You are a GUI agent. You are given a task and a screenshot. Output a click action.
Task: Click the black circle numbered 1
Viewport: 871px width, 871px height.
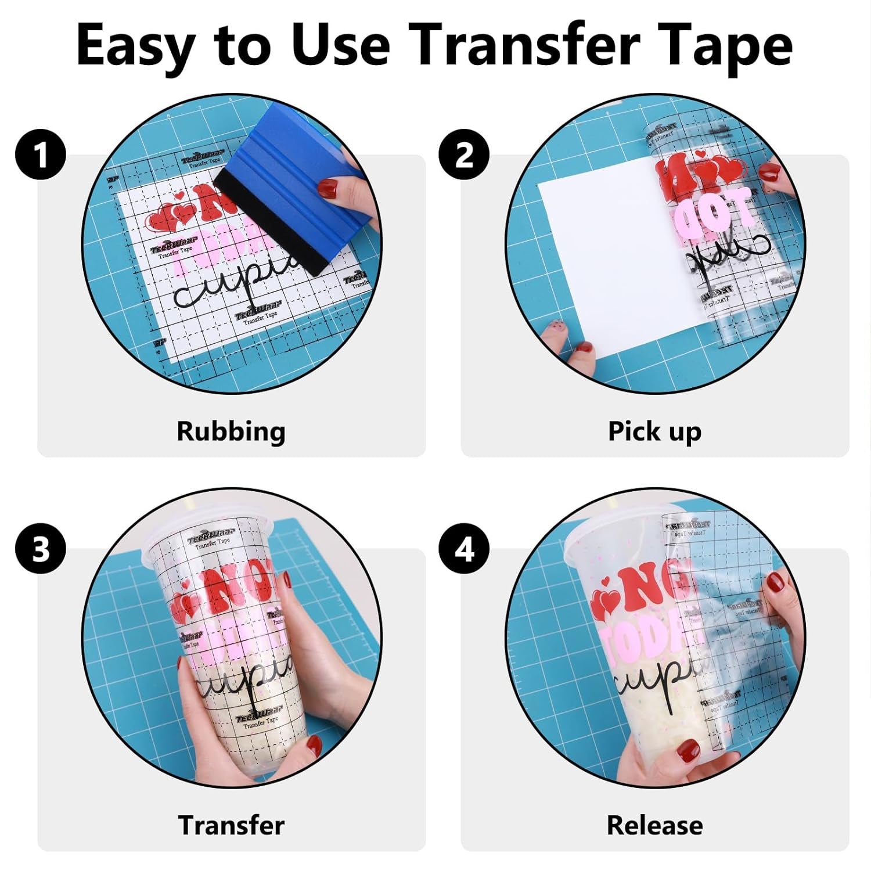pyautogui.click(x=41, y=155)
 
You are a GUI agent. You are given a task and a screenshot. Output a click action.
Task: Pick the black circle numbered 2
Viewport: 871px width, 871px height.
pyautogui.click(x=464, y=155)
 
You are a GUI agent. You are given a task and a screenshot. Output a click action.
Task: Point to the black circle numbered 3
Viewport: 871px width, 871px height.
pyautogui.click(x=41, y=549)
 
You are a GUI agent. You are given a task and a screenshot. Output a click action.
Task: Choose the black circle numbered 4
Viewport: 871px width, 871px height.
pyautogui.click(x=464, y=549)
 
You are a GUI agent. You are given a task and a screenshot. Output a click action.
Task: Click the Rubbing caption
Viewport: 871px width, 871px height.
pyautogui.click(x=231, y=431)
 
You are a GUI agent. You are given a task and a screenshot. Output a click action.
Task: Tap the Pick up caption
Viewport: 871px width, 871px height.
pyautogui.click(x=654, y=431)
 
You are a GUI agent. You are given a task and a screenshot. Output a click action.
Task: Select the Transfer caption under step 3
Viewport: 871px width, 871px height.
pyautogui.click(x=231, y=825)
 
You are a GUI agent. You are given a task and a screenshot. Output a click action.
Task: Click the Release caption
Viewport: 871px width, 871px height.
pyautogui.click(x=654, y=825)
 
